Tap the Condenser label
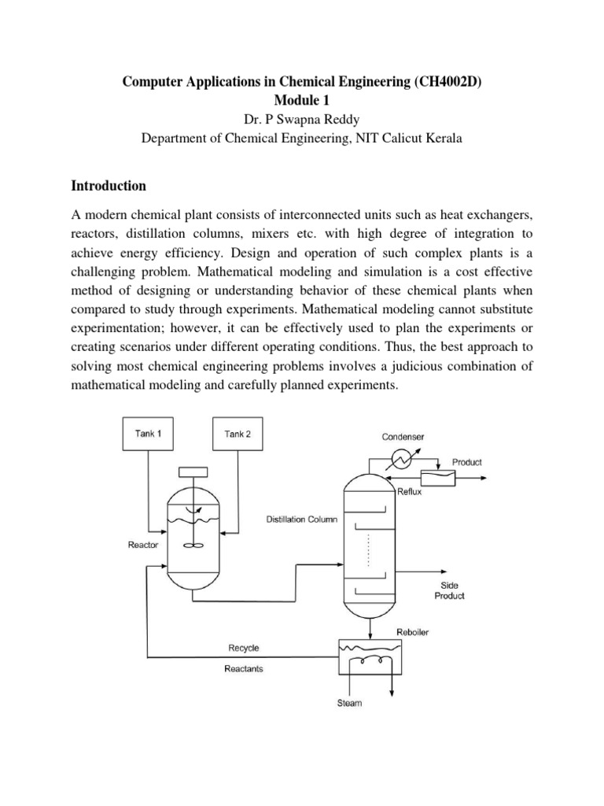point(403,437)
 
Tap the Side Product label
point(449,590)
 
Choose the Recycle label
point(243,649)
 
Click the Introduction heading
point(109,187)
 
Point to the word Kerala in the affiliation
point(442,138)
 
